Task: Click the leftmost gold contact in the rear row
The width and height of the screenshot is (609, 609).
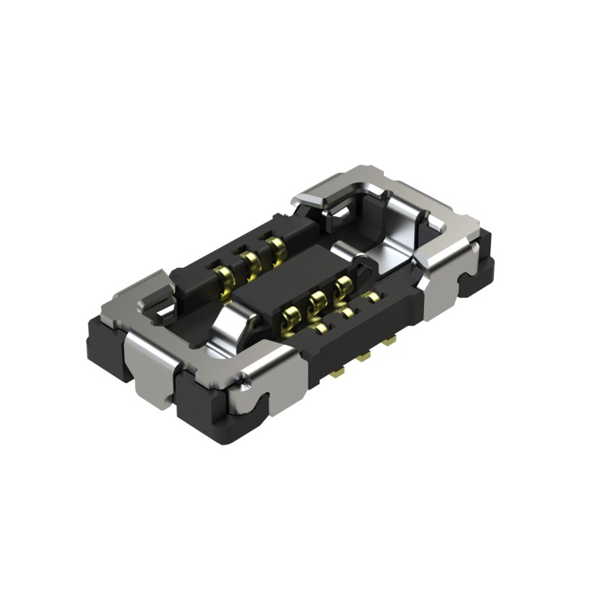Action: pos(224,276)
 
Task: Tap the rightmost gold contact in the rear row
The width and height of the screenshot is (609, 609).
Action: pos(275,247)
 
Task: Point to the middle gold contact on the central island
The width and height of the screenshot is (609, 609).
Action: pos(316,301)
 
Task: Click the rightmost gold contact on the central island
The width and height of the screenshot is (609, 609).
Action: pos(343,286)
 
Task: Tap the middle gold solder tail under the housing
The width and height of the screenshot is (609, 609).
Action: pos(365,356)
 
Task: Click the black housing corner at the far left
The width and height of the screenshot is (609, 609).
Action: pos(99,343)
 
